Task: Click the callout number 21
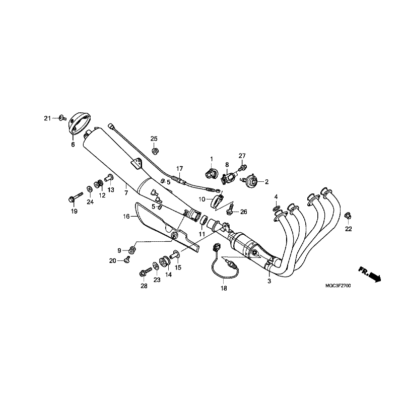[47, 118]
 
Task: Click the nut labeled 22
[347, 216]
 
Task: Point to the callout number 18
[223, 288]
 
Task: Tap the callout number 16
[126, 216]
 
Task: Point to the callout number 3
[269, 281]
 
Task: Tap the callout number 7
[126, 192]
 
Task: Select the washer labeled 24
[89, 189]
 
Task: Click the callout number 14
[168, 274]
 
